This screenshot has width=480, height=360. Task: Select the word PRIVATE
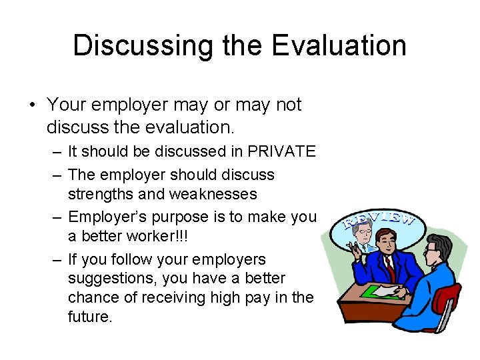[281, 151]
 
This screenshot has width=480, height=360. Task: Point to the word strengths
[101, 194]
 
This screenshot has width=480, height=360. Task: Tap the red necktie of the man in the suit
[389, 267]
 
